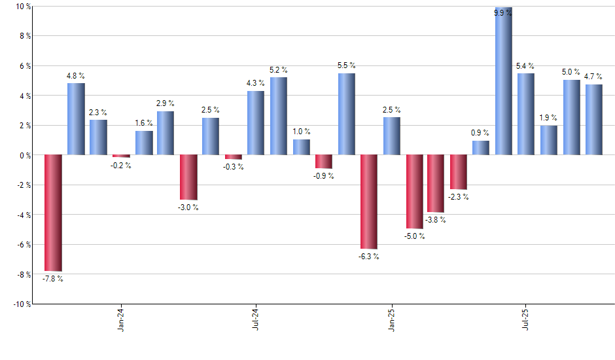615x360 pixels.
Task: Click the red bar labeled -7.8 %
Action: [x=53, y=213]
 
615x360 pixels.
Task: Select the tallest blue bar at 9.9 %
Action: [x=503, y=81]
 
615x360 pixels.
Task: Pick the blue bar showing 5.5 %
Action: [x=346, y=114]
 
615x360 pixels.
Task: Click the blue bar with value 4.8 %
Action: [x=76, y=119]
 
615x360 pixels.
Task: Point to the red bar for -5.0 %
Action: [x=413, y=192]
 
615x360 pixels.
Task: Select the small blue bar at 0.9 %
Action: [x=481, y=148]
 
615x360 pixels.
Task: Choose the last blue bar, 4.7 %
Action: [x=593, y=120]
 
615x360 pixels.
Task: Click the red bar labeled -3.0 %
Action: [x=188, y=177]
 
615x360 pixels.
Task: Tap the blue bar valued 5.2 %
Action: [x=278, y=116]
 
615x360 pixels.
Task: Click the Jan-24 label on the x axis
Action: [x=121, y=319]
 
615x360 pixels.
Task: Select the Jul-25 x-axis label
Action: [x=526, y=319]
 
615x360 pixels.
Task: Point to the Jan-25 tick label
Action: [x=391, y=319]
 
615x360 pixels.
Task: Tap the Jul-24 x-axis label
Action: [x=256, y=319]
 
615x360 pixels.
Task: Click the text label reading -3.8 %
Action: [x=435, y=220]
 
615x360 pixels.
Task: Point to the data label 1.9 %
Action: [x=548, y=118]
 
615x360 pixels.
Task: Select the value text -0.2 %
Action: [x=120, y=166]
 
